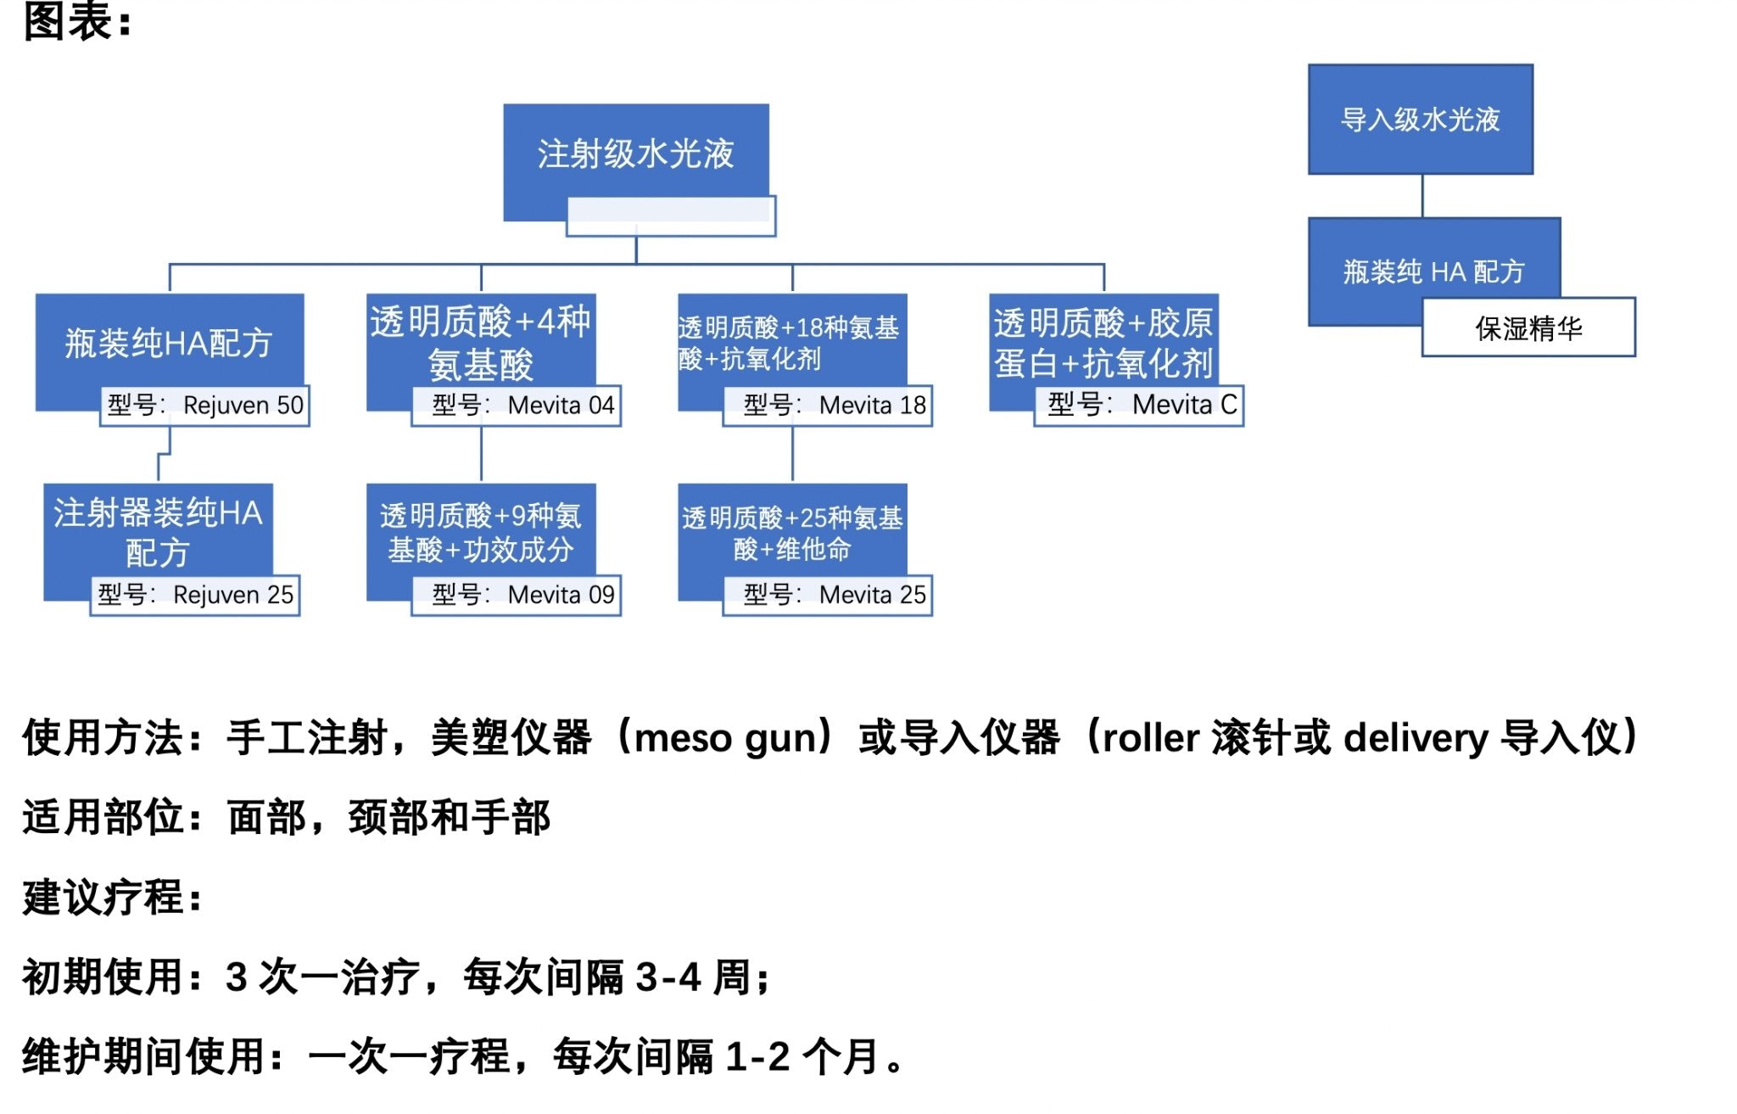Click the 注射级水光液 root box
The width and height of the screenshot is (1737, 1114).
[x=635, y=154]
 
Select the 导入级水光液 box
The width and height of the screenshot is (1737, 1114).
[x=1420, y=120]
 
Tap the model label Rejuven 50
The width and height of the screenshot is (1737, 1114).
[x=204, y=406]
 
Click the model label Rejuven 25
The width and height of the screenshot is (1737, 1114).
[x=195, y=595]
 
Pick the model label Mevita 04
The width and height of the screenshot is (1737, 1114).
[x=517, y=406]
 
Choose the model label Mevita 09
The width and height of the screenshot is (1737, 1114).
[x=517, y=595]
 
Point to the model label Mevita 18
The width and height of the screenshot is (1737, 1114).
[x=828, y=406]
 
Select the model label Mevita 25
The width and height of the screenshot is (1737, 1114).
[x=828, y=595]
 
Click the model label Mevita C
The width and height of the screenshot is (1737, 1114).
[x=1139, y=405]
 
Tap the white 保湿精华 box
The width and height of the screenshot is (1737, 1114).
[x=1528, y=328]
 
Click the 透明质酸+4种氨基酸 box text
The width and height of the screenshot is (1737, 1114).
[x=480, y=343]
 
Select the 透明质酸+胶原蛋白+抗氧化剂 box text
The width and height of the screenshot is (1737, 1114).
[x=1103, y=343]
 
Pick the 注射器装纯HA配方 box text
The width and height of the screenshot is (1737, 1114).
[x=158, y=532]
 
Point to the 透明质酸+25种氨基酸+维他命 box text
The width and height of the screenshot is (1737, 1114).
[x=792, y=533]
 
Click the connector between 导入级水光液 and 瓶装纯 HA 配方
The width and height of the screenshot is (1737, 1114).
[x=1422, y=196]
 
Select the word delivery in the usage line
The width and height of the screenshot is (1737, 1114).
[x=1416, y=737]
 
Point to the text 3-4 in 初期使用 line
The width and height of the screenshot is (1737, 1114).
[x=668, y=977]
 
